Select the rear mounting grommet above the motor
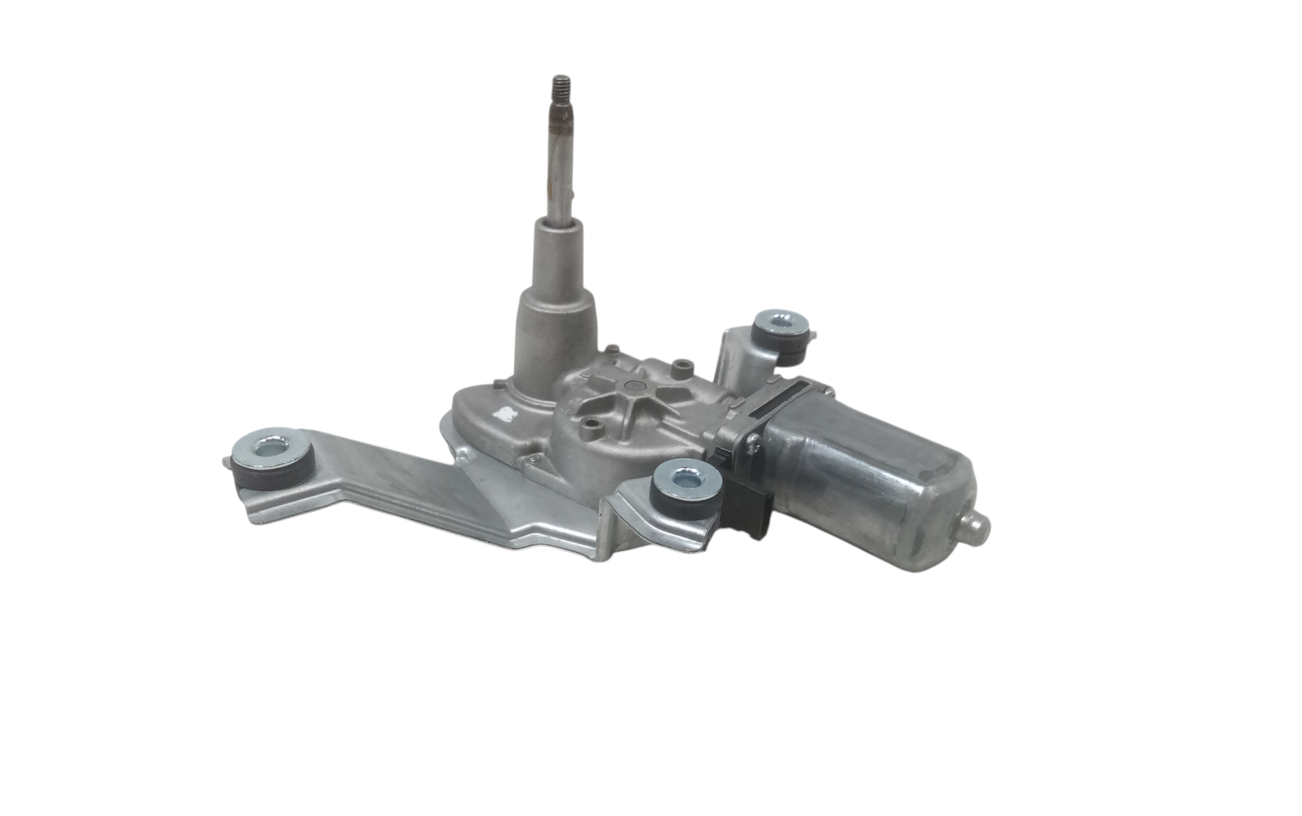pyautogui.click(x=781, y=334)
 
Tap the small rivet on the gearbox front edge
pyautogui.click(x=534, y=461)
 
